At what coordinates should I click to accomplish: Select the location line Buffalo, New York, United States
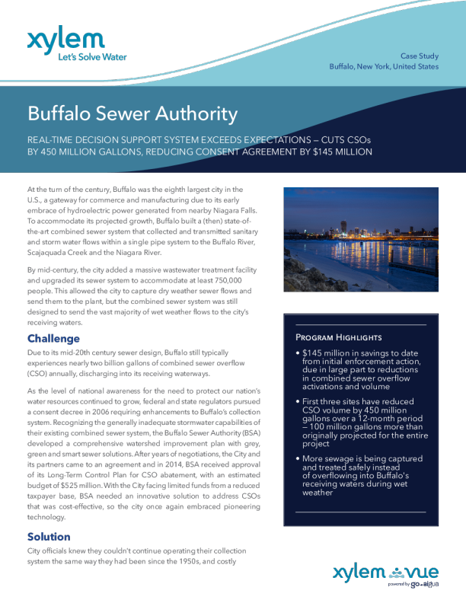pos(384,67)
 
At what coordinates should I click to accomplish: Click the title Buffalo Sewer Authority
pos(132,114)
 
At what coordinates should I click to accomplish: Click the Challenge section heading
pos(54,337)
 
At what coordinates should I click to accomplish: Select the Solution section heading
pos(49,537)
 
